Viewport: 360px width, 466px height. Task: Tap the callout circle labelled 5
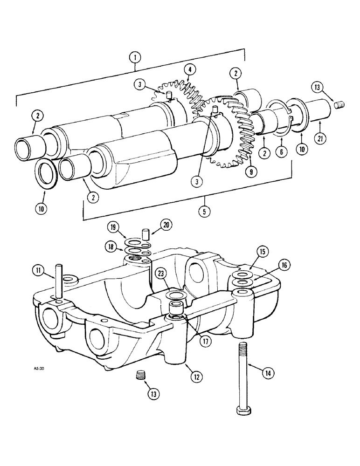click(203, 211)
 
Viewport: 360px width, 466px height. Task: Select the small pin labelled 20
click(145, 233)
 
